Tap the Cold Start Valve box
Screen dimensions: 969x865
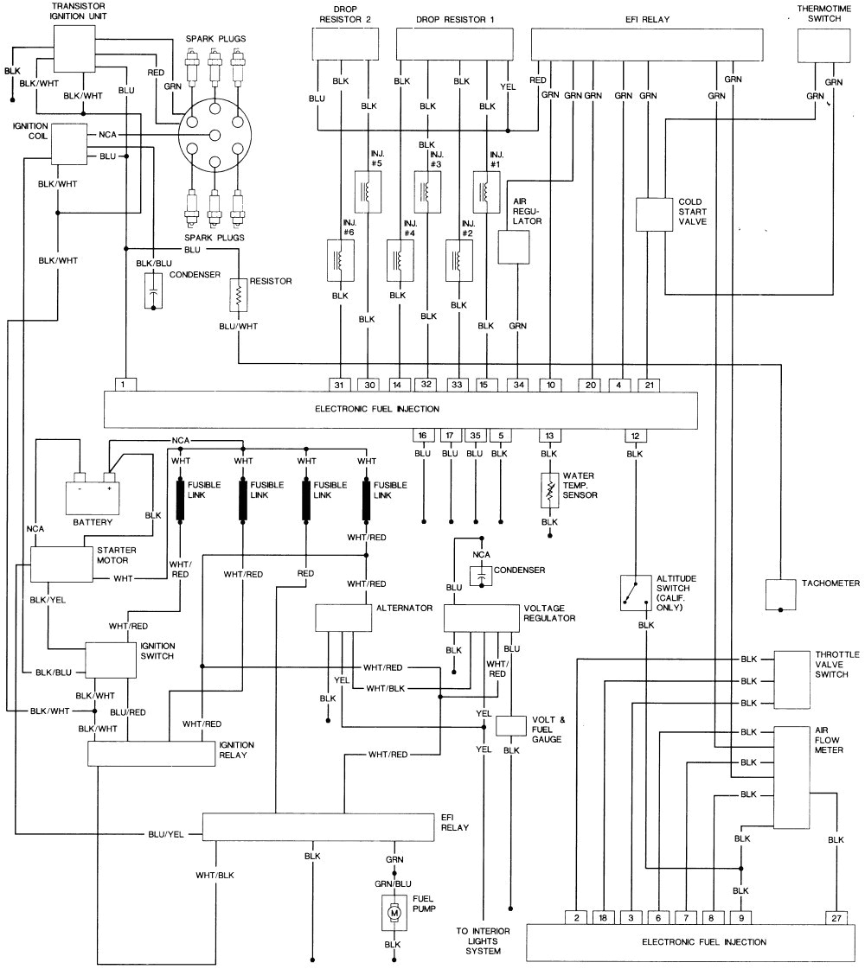654,214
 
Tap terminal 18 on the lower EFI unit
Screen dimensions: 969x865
605,916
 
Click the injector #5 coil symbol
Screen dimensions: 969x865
368,191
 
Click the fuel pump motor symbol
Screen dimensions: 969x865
394,912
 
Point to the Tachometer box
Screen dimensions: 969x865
780,593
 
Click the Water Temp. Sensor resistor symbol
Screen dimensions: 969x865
548,490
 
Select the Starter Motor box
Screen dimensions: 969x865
58,564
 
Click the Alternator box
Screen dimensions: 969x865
343,617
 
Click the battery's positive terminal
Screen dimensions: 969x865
109,476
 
